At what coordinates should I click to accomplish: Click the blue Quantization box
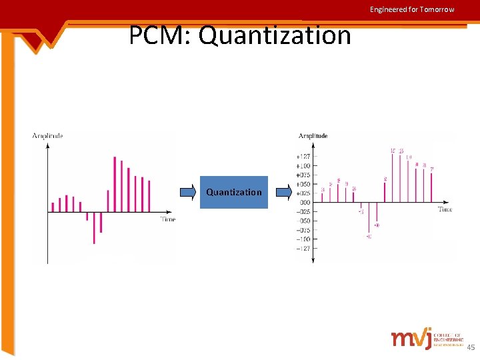pos(234,192)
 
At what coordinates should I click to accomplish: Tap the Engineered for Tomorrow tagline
pos(412,9)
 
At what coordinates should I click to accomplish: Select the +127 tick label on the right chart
pos(303,156)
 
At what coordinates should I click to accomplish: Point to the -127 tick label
pos(303,249)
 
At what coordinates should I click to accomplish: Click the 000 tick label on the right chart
pos(304,203)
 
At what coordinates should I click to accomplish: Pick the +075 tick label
pos(303,175)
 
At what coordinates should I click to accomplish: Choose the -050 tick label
pos(303,221)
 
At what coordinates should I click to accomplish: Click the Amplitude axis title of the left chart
pos(48,136)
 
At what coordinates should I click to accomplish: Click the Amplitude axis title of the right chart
pos(313,136)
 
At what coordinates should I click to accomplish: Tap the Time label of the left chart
pos(167,219)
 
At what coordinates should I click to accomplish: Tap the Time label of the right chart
pos(445,209)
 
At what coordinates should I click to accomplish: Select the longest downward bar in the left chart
pos(94,228)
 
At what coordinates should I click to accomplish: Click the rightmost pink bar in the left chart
pos(149,196)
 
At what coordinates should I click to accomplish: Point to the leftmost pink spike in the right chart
pos(323,197)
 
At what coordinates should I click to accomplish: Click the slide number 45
pos(470,347)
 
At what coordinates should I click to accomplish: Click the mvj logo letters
pos(411,339)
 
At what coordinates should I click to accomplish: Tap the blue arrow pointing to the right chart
pos(284,193)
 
